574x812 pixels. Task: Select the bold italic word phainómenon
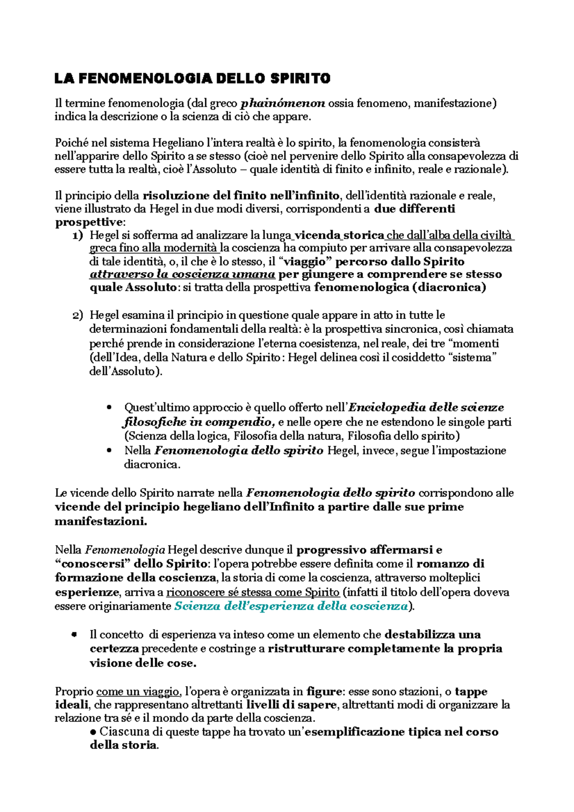(282, 103)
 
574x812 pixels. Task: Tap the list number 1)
(77, 235)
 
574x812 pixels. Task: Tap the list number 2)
(77, 316)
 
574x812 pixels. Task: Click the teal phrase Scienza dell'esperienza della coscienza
(291, 606)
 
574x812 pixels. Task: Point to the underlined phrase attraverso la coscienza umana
(182, 274)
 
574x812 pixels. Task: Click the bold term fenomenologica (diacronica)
(400, 287)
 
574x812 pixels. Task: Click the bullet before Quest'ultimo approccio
(110, 407)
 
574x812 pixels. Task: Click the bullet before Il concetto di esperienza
(74, 635)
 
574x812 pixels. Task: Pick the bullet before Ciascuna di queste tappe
(93, 732)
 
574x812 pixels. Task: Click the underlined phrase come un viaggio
(138, 691)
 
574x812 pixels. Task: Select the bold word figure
(324, 691)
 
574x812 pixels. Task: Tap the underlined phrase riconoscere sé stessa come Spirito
(253, 593)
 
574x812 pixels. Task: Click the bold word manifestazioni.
(100, 522)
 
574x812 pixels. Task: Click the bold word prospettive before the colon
(88, 222)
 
